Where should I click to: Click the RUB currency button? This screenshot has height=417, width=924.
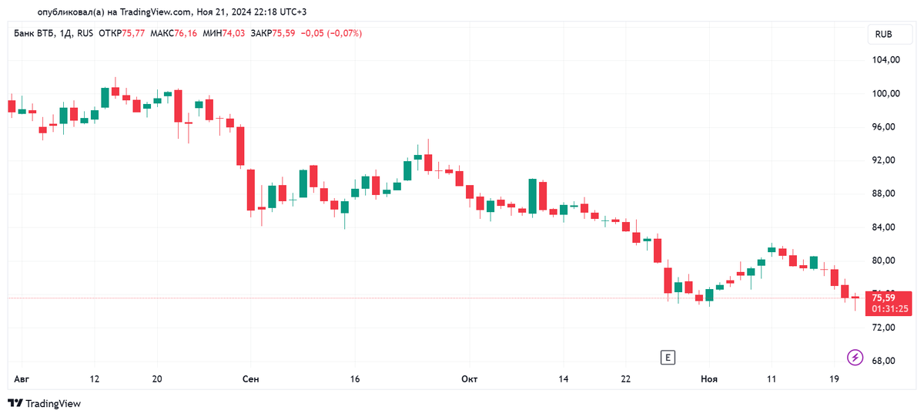click(883, 35)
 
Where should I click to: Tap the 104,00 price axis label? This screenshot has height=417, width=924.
click(885, 60)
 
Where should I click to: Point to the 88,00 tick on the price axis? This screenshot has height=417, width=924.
click(885, 193)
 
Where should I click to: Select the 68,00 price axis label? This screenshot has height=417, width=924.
click(885, 361)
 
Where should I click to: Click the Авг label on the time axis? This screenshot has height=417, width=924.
click(21, 379)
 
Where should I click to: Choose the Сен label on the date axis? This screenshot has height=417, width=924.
click(250, 379)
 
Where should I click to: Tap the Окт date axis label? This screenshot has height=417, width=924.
click(469, 379)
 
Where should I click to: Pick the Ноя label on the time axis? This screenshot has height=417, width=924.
click(708, 379)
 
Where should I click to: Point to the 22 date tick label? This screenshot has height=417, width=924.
click(625, 379)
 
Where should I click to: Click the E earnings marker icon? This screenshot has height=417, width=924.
click(668, 357)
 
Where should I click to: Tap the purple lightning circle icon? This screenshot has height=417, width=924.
click(855, 357)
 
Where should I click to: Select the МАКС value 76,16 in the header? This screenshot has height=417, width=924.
click(186, 33)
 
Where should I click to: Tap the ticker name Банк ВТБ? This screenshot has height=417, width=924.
click(34, 33)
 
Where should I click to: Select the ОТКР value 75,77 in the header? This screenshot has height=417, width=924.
click(133, 33)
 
